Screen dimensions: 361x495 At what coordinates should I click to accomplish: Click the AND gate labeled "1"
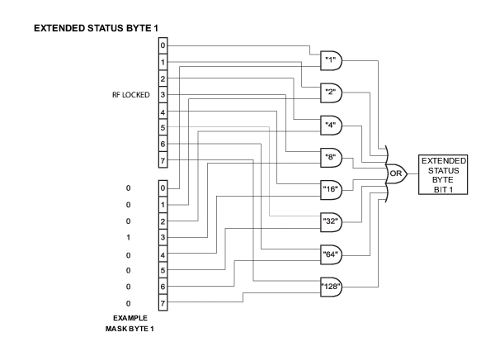(330, 60)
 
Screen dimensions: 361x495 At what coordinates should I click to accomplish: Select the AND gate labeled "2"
(330, 93)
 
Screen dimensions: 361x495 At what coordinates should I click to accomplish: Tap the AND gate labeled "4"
(330, 125)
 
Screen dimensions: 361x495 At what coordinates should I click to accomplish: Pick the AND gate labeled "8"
(330, 156)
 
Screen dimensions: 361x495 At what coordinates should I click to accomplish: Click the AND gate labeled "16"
(330, 188)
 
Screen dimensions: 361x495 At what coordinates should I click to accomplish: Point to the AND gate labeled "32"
(330, 221)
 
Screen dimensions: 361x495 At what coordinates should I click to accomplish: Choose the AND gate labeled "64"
(330, 253)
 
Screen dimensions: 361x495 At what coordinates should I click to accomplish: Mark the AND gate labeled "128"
(330, 286)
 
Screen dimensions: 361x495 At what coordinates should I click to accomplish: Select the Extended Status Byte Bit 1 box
(443, 173)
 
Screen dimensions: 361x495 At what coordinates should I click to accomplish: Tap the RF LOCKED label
(130, 94)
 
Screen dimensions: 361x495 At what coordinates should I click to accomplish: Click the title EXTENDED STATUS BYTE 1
(84, 27)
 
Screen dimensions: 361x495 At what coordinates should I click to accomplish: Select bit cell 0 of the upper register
(163, 45)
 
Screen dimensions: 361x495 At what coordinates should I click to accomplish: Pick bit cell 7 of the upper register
(163, 159)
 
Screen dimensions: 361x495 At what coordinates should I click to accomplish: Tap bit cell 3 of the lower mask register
(163, 237)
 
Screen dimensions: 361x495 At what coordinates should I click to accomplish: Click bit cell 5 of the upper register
(163, 127)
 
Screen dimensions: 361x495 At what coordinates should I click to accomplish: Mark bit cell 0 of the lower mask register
(163, 188)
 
